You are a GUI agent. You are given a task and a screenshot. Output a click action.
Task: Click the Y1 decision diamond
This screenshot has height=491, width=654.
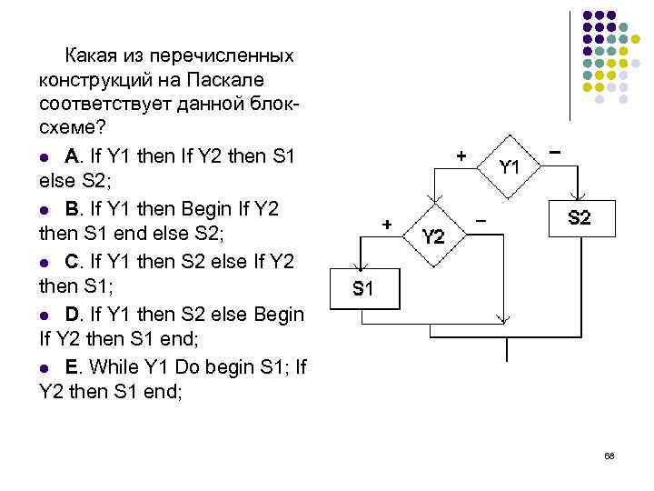click(509, 166)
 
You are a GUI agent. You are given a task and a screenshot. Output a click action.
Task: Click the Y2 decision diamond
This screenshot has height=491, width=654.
click(434, 236)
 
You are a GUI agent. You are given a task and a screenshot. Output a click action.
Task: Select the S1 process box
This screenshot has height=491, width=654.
click(362, 289)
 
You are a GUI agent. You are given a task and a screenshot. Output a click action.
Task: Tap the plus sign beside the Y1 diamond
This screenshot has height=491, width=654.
click(461, 156)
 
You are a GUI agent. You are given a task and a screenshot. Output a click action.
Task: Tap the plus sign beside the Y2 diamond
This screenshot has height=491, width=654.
click(387, 224)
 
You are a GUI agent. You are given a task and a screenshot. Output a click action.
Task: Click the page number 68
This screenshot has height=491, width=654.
click(609, 456)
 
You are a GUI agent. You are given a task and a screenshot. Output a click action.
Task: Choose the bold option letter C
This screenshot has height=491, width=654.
click(72, 261)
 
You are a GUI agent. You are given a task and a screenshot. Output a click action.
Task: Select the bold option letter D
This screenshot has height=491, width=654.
click(72, 315)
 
